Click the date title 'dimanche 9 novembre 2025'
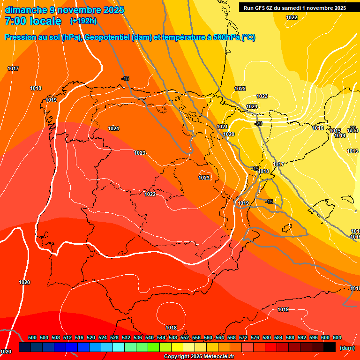tap(64, 10)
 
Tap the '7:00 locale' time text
tap(33, 21)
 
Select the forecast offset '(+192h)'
tap(83, 21)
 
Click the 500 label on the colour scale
tap(32, 338)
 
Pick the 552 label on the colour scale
tap(185, 338)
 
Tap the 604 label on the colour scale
tap(337, 338)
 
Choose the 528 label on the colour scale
tap(114, 338)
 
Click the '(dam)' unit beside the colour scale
tap(346, 347)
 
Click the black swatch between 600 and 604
tap(329, 347)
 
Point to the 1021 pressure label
tap(222, 127)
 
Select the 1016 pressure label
tap(318, 128)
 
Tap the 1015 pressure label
tap(335, 131)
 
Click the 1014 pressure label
tap(340, 135)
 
